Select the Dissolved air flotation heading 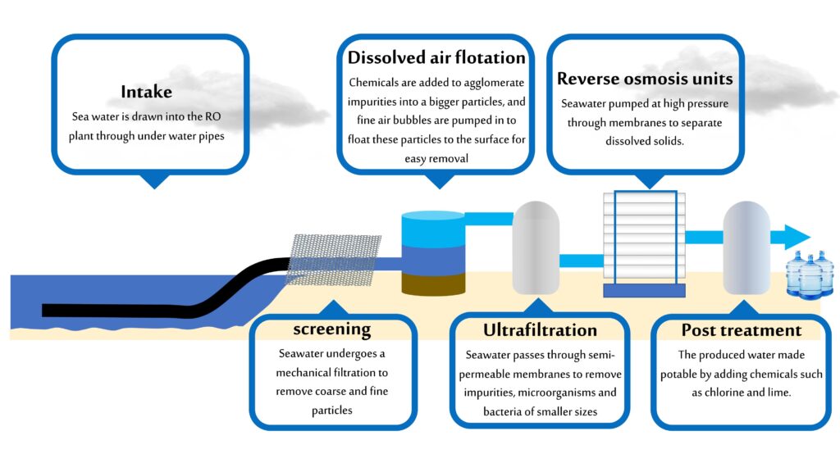(436, 57)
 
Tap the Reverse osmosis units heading (645, 79)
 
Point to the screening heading (332, 329)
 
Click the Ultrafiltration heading (540, 330)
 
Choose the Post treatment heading (741, 330)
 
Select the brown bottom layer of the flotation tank (432, 284)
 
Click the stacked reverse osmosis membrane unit (643, 238)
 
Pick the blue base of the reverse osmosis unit (643, 290)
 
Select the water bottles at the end (810, 274)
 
